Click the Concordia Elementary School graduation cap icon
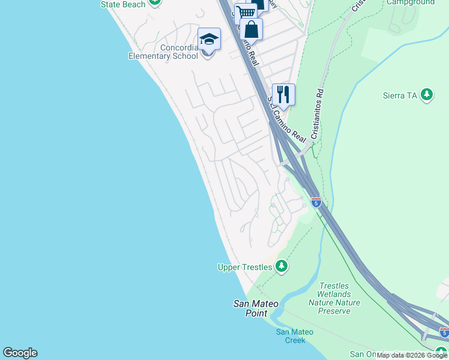pyautogui.click(x=209, y=40)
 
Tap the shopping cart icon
pyautogui.click(x=245, y=13)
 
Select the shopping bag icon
pyautogui.click(x=252, y=29)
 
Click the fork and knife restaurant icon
pyautogui.click(x=283, y=94)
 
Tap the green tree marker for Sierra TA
pyautogui.click(x=427, y=95)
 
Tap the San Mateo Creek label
pyautogui.click(x=291, y=336)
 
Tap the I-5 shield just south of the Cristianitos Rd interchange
pyautogui.click(x=316, y=202)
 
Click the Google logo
pyautogui.click(x=20, y=353)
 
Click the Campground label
pyautogui.click(x=411, y=3)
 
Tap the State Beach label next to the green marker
pyautogui.click(x=123, y=4)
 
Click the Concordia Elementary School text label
pyautogui.click(x=163, y=52)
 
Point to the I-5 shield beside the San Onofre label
pyautogui.click(x=444, y=332)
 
